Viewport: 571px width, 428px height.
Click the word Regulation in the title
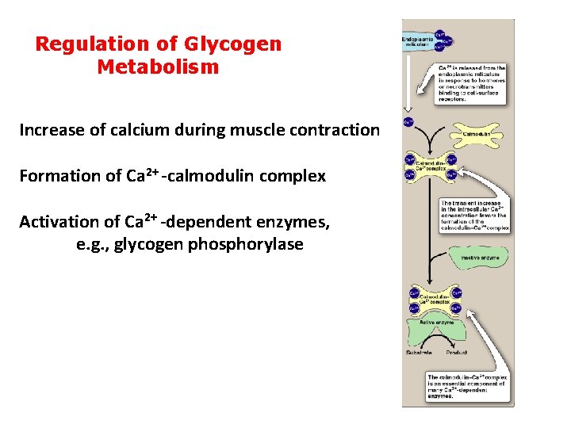(x=84, y=44)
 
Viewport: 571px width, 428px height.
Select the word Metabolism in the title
(x=158, y=67)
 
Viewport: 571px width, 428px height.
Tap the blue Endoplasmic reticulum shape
(x=420, y=41)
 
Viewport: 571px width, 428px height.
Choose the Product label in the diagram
(x=457, y=352)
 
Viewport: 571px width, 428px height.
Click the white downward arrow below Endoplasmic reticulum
(x=408, y=79)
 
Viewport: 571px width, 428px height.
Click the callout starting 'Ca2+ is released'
(x=472, y=84)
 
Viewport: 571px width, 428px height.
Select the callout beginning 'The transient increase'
(x=475, y=216)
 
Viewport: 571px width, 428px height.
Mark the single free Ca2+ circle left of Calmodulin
(x=408, y=122)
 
